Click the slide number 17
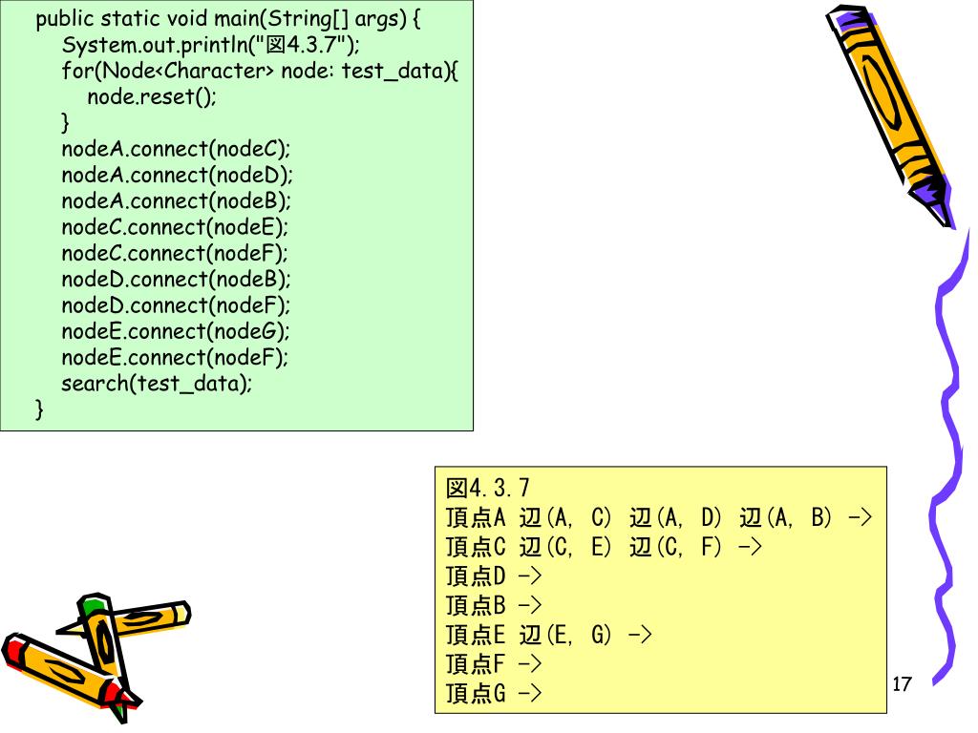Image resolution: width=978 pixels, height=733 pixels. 902,683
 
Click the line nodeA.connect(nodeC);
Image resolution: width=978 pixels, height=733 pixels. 175,149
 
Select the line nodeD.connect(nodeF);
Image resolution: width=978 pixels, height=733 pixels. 175,305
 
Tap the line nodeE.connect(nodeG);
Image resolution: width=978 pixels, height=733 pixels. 175,331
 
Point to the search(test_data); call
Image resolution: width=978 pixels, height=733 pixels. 157,384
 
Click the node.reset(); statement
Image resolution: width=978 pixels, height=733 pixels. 152,97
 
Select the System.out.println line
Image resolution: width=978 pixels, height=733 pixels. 210,46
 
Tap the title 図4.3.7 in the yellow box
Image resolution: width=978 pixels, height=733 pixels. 487,489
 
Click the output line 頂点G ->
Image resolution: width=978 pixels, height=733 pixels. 494,693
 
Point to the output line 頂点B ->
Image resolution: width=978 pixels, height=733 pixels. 494,605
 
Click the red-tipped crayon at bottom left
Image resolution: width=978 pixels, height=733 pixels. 57,668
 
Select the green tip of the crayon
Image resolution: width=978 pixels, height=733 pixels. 91,605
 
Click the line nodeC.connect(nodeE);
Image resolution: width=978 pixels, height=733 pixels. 175,227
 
